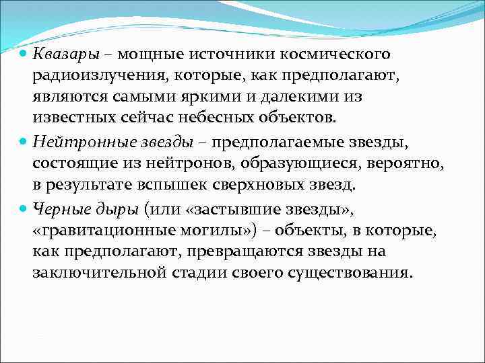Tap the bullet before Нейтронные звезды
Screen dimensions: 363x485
[x=23, y=140]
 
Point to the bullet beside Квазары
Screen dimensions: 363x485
[x=23, y=53]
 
